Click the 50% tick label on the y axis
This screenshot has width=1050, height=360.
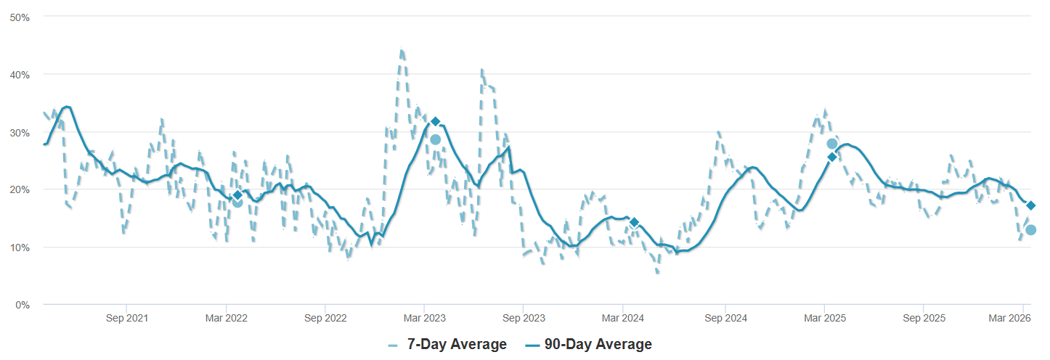[19, 17]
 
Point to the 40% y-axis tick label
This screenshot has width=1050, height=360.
[19, 74]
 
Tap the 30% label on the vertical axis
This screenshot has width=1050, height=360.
[19, 132]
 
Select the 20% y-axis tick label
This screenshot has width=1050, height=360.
[19, 189]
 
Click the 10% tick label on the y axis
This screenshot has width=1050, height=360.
[19, 247]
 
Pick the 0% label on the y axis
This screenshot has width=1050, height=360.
[22, 305]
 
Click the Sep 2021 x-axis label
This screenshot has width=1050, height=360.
[126, 319]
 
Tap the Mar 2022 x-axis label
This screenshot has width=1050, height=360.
[226, 319]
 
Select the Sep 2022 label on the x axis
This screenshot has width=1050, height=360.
[325, 319]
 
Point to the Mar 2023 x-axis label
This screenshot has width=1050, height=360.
[424, 319]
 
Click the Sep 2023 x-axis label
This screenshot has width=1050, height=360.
[524, 319]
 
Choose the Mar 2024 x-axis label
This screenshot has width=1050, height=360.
[623, 319]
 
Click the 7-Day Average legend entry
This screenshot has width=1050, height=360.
[447, 344]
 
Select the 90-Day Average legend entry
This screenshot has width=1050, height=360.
[587, 344]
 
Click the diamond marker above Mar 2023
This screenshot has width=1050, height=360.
[435, 121]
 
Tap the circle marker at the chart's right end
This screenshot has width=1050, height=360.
[1030, 230]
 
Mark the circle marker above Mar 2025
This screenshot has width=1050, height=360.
[832, 144]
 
